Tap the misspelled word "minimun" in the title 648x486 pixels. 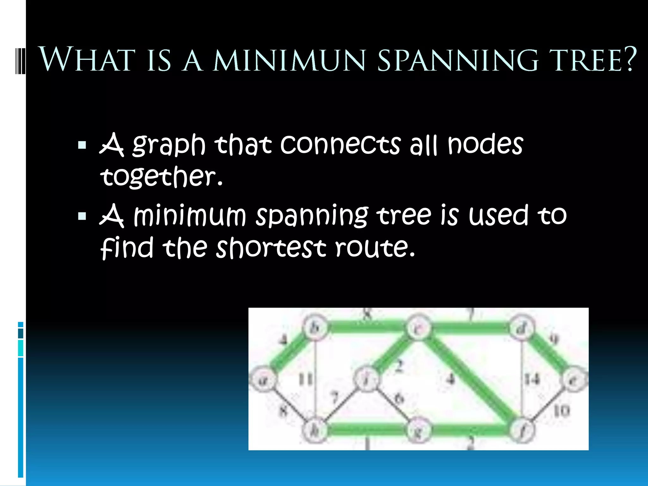290,60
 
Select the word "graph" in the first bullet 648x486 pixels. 169,145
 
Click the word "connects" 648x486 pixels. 340,145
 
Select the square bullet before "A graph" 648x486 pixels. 82,145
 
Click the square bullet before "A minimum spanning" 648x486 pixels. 82,216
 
